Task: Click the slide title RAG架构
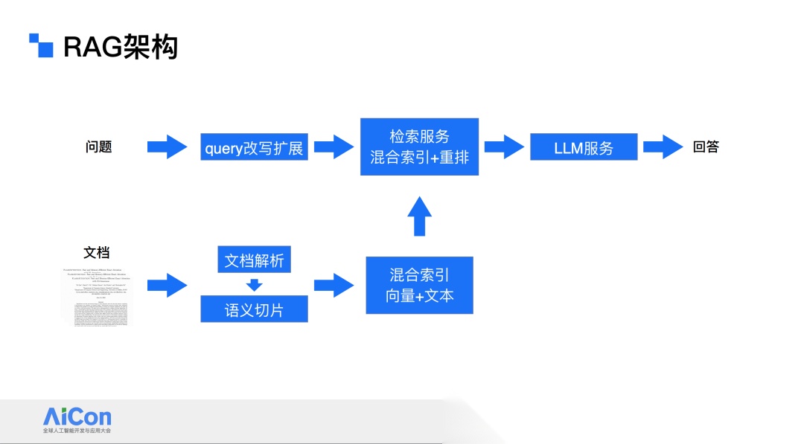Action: click(121, 48)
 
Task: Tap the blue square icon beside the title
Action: click(42, 45)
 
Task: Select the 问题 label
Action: click(98, 147)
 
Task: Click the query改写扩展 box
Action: click(254, 147)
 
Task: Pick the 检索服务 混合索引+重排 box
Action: click(419, 147)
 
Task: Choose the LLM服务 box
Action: click(584, 147)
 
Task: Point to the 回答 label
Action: click(706, 147)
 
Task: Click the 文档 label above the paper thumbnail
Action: click(97, 253)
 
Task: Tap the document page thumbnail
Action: click(98, 295)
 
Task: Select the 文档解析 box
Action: click(254, 260)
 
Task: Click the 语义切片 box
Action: click(254, 309)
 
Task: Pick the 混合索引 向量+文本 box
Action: click(419, 285)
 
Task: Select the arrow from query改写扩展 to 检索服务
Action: click(334, 147)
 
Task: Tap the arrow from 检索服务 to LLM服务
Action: click(504, 147)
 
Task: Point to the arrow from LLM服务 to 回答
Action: click(663, 147)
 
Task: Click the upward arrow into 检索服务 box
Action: click(419, 216)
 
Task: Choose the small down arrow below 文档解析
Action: click(255, 285)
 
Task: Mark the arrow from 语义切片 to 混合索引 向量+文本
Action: click(334, 285)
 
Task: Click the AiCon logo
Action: click(77, 419)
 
